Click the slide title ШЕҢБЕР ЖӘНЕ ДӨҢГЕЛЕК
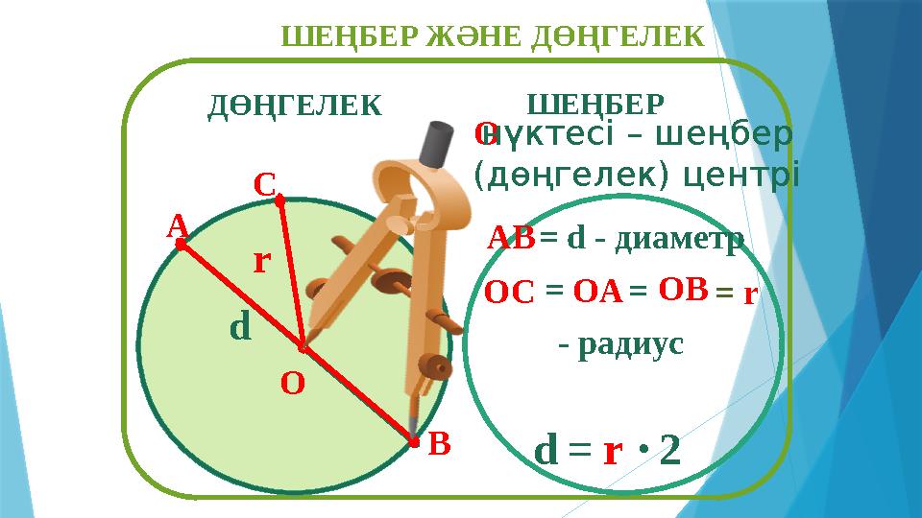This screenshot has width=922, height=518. (x=493, y=35)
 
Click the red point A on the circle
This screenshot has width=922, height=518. (x=180, y=245)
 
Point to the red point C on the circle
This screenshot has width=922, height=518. (x=279, y=201)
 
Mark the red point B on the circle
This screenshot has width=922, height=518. (x=414, y=442)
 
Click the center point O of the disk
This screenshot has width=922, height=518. (x=302, y=346)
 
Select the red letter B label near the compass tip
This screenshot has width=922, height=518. (x=439, y=444)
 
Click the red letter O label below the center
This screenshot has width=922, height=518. (x=293, y=384)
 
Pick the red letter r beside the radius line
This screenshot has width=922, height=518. (x=259, y=260)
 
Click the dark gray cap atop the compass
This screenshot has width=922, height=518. (x=440, y=143)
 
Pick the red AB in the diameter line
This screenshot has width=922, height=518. (x=511, y=236)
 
